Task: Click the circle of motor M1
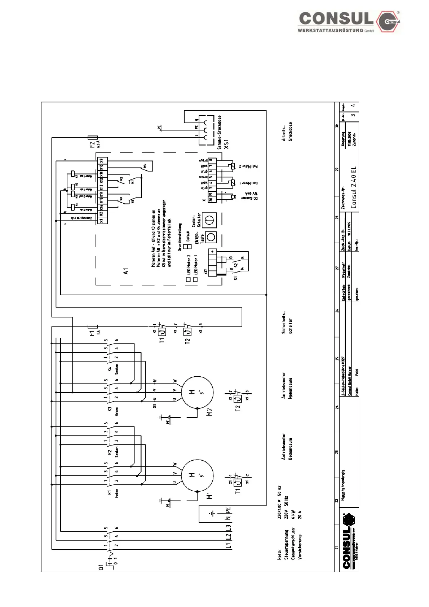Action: coord(197,475)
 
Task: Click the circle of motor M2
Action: coord(197,393)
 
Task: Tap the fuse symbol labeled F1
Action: coord(93,327)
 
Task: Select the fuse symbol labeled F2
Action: coord(93,137)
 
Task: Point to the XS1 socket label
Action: coord(226,144)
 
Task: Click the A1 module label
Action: coord(126,271)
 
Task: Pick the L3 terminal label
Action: coord(228,527)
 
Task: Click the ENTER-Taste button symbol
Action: coord(211,237)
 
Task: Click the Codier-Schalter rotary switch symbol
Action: coord(209,220)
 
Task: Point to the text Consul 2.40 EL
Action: coord(354,187)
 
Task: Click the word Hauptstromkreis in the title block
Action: coord(343,485)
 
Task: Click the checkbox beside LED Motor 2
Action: coord(189,279)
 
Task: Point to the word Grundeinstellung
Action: coord(180,237)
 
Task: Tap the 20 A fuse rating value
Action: coord(300,514)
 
